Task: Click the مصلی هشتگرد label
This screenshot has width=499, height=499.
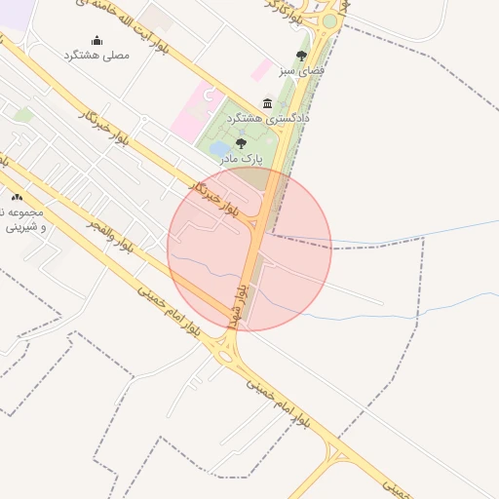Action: tap(96, 57)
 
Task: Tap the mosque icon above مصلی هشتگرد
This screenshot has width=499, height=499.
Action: tap(96, 40)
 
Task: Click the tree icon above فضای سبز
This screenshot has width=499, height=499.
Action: tap(300, 56)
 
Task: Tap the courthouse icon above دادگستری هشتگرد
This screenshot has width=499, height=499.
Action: tap(268, 103)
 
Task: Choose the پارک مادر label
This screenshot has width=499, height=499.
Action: tap(241, 157)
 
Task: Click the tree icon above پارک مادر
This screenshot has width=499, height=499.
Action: tap(241, 142)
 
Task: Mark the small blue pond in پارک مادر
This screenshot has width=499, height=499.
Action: tap(220, 149)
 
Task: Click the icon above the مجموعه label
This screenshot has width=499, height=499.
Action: tap(17, 197)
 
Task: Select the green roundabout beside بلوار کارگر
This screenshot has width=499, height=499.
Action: tap(330, 20)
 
